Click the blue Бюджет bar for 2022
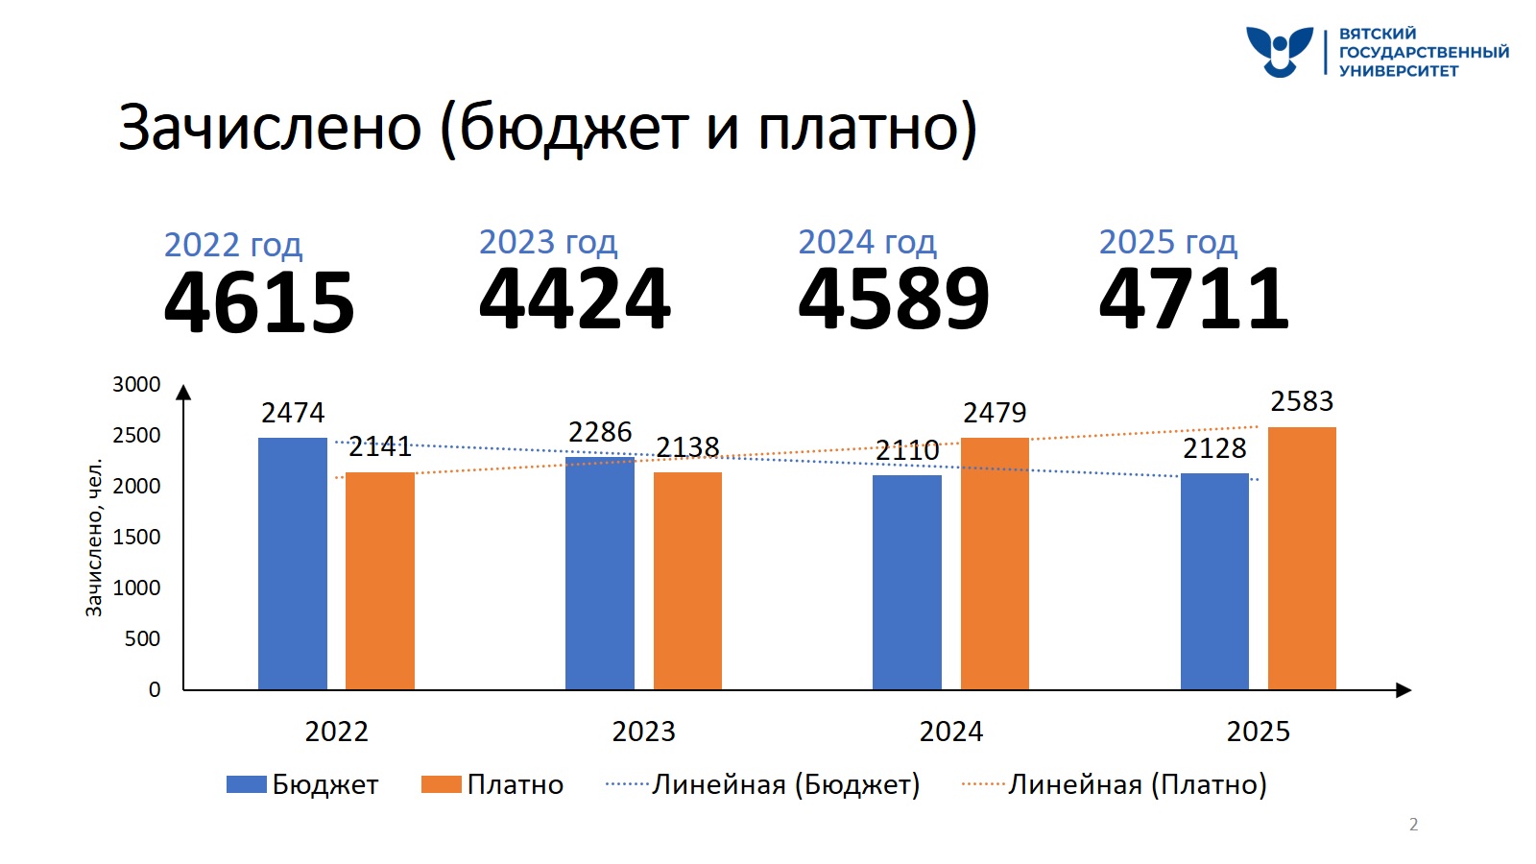point(292,564)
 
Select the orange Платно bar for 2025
point(1302,558)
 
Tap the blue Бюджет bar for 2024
point(906,582)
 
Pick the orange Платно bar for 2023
point(687,581)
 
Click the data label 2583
point(1302,401)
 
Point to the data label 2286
point(600,433)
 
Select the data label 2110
point(907,450)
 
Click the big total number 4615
point(259,302)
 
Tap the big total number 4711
point(1194,299)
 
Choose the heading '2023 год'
point(548,242)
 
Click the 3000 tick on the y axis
point(136,385)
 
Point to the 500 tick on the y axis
point(142,638)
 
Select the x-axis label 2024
point(950,732)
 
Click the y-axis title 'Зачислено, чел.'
point(94,539)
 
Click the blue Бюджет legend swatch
point(246,784)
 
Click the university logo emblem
point(1279,51)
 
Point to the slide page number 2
point(1413,824)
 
